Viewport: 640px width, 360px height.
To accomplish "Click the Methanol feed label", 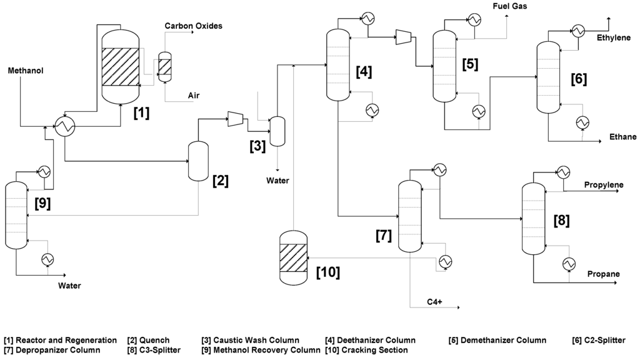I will (x=25, y=71).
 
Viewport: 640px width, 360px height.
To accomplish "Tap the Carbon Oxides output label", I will (x=193, y=26).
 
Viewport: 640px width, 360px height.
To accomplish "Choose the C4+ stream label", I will (x=434, y=302).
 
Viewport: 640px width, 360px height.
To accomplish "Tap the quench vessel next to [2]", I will (x=198, y=161).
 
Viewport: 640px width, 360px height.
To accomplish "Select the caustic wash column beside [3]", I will (x=277, y=132).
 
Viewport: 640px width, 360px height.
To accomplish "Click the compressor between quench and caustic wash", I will (x=235, y=117).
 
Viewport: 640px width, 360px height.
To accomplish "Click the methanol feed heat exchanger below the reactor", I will (x=64, y=127).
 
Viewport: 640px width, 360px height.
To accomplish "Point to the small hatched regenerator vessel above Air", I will (x=165, y=66).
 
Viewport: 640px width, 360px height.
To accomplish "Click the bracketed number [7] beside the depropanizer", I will (x=384, y=236).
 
